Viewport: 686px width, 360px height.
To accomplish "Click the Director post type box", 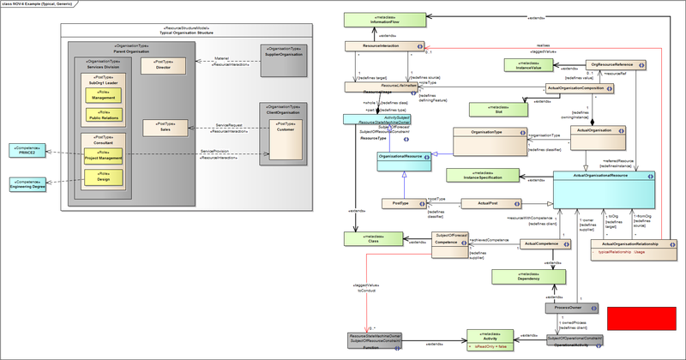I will [x=164, y=67].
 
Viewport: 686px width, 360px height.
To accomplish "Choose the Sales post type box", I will [x=164, y=128].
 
